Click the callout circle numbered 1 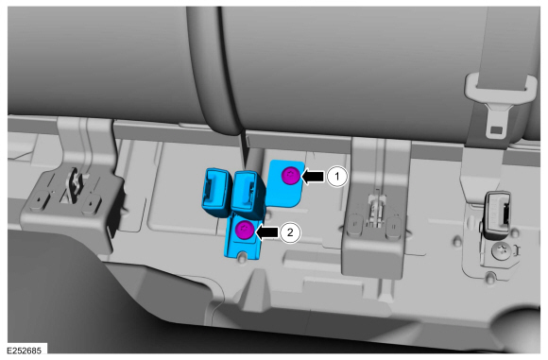point(337,177)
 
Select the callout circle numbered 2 point(290,232)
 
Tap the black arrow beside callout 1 point(313,177)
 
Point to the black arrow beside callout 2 point(267,232)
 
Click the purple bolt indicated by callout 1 point(291,176)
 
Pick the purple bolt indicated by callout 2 point(245,230)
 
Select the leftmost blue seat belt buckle point(216,192)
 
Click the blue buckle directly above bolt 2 point(248,194)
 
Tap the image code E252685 point(25,351)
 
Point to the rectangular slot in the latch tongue point(497,130)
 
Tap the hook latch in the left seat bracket point(75,185)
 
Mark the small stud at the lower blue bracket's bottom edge point(241,257)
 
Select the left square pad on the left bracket point(38,200)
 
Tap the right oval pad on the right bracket point(394,226)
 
